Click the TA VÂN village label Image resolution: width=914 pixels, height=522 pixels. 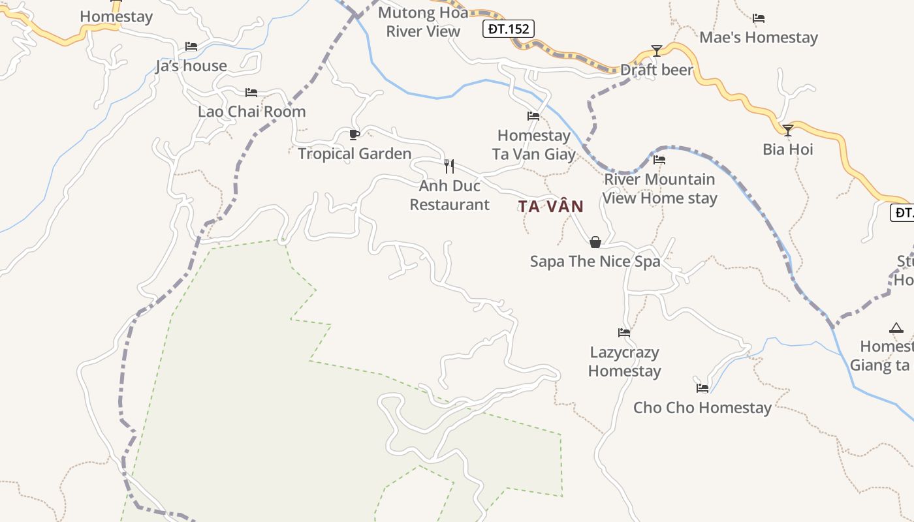[x=551, y=206]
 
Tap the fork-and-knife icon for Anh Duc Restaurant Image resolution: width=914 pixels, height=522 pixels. [x=449, y=166]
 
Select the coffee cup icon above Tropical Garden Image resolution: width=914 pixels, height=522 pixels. [x=354, y=135]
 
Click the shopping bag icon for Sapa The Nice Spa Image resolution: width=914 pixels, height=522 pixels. [x=595, y=242]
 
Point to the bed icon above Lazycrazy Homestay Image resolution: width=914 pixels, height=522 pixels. [x=624, y=333]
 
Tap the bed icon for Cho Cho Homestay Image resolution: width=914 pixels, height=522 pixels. [x=702, y=388]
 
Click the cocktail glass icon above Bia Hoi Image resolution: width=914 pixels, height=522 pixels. [x=788, y=130]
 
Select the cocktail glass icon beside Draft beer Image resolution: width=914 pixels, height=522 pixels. [x=657, y=51]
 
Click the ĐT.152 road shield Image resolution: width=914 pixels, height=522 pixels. [x=509, y=29]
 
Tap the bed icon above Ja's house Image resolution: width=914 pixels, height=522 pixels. [x=191, y=46]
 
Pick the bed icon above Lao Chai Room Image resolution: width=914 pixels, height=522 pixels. [x=251, y=93]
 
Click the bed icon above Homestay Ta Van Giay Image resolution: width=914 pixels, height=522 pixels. [x=533, y=116]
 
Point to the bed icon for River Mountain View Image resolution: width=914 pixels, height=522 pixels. [x=659, y=160]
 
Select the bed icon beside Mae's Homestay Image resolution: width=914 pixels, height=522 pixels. [x=759, y=18]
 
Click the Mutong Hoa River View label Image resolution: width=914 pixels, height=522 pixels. [x=423, y=22]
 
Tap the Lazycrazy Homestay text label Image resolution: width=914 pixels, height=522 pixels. [x=625, y=361]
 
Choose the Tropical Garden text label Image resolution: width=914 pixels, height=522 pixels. [x=355, y=154]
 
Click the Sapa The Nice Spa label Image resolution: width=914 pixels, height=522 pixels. [x=595, y=262]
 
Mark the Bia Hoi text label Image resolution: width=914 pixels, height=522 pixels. [x=788, y=149]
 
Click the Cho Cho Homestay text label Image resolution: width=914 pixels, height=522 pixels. [x=702, y=408]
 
